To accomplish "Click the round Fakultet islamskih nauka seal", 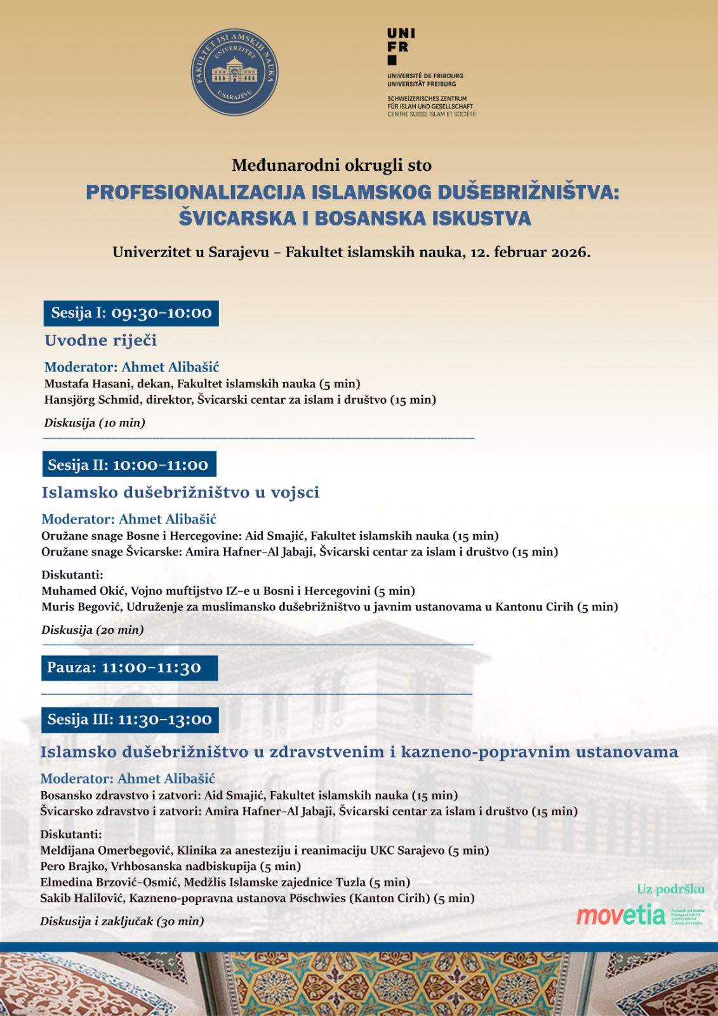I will click(x=234, y=72).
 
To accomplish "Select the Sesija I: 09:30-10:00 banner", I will click(x=131, y=313).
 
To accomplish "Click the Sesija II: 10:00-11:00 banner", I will click(x=128, y=465).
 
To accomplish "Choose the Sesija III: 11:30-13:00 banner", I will click(x=130, y=719).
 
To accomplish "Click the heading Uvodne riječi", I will click(x=100, y=340).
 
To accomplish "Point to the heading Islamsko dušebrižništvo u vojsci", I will click(x=180, y=492).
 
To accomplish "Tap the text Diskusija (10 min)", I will click(x=95, y=423).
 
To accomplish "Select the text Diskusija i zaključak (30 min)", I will click(x=122, y=921).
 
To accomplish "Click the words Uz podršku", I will click(x=670, y=890).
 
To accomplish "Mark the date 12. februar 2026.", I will click(x=529, y=252).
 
